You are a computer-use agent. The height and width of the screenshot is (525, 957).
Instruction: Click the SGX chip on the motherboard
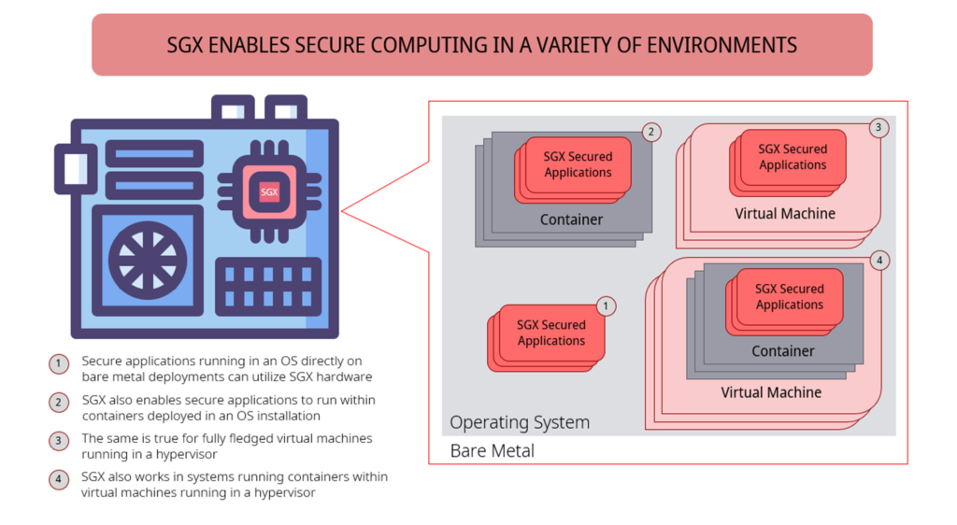tap(269, 192)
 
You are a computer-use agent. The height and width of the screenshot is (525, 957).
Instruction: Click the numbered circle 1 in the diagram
tap(607, 305)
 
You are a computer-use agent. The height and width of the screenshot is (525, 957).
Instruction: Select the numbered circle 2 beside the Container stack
tap(651, 132)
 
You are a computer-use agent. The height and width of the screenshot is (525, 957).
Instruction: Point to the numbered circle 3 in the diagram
tap(878, 128)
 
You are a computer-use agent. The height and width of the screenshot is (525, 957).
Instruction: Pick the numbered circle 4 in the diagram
tap(878, 261)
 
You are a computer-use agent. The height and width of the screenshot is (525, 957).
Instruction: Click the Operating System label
tap(520, 422)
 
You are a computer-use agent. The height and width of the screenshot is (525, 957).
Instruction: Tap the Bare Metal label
tap(493, 451)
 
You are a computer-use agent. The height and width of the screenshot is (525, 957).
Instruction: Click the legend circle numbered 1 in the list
tap(60, 364)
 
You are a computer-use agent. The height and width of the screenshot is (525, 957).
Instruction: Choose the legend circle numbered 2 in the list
tap(60, 403)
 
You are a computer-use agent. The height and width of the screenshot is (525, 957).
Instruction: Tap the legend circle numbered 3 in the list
tap(60, 441)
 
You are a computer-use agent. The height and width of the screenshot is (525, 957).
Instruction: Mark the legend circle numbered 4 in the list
tap(60, 479)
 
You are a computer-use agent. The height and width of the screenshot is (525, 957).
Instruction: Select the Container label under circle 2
tap(571, 220)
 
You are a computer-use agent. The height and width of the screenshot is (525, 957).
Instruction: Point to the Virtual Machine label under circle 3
tap(785, 213)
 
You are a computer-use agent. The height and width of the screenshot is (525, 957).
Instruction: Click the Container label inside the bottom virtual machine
tap(783, 351)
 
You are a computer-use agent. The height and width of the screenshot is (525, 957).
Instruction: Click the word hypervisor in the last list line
tap(279, 492)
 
